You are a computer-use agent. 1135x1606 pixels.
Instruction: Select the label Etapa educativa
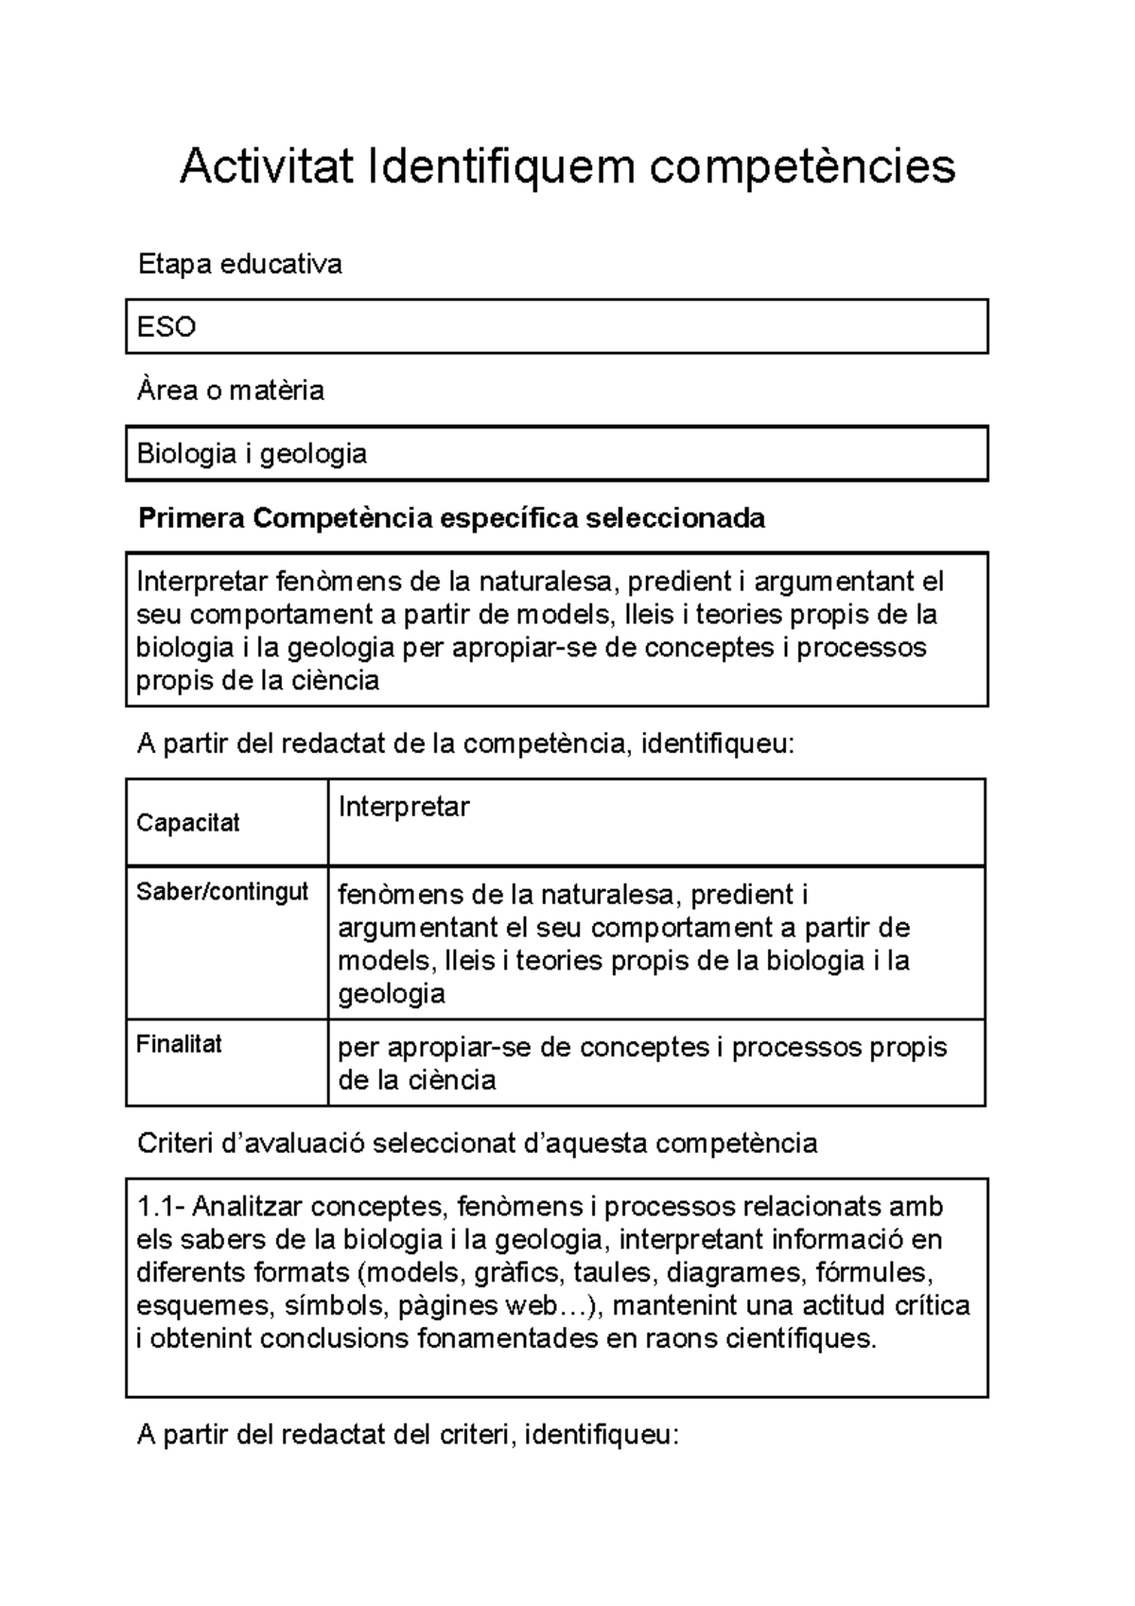point(239,264)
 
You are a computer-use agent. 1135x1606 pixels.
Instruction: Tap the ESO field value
point(166,327)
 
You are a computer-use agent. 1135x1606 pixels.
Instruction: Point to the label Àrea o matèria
point(231,391)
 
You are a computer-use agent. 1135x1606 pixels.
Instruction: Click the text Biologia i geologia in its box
point(252,454)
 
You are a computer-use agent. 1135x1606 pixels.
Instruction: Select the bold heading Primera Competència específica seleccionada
point(451,518)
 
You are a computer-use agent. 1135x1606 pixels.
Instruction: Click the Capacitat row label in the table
point(187,823)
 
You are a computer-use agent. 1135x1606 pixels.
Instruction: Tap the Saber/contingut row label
point(222,892)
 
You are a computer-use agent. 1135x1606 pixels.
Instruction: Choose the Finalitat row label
point(179,1044)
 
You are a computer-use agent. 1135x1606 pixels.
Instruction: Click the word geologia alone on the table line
point(391,994)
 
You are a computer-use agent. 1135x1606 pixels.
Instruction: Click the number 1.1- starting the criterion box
point(162,1207)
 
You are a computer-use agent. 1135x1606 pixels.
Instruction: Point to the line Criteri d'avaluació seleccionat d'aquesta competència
point(477,1144)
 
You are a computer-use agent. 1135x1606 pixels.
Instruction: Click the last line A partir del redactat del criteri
point(408,1436)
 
